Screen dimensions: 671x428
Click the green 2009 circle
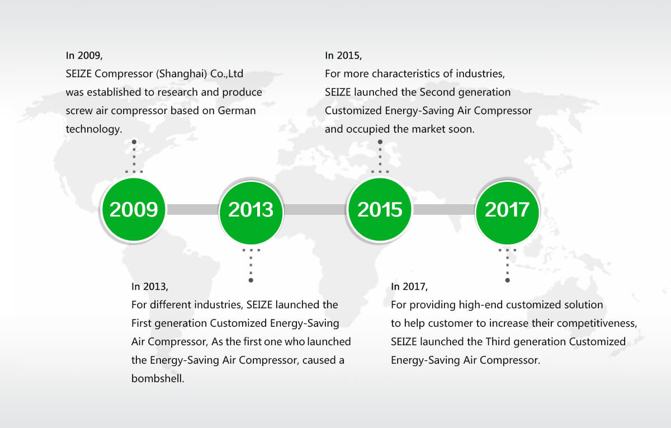134,209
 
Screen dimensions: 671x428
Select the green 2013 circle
251,213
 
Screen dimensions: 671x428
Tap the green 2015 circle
380,209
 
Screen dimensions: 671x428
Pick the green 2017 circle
507,213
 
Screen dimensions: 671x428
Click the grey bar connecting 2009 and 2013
192,209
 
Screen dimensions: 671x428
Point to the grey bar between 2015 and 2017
443,209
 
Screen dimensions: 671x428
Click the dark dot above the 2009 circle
134,142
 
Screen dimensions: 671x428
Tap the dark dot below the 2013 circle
251,280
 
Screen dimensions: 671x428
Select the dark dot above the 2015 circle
380,142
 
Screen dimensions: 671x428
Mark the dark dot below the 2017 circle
508,280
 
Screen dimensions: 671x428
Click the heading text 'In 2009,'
84,56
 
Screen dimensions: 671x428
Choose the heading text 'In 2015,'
343,56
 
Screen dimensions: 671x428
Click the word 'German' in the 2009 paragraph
237,111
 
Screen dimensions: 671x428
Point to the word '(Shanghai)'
182,74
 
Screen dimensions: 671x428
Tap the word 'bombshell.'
158,379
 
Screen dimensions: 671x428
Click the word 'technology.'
94,129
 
